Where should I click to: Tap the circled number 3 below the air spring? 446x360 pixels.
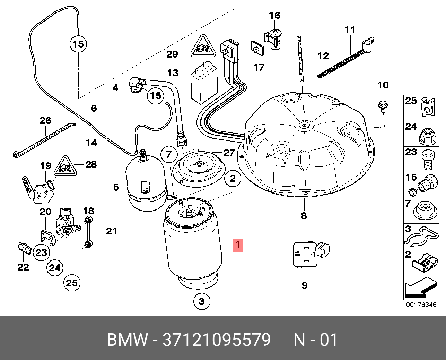pyautogui.click(x=202, y=301)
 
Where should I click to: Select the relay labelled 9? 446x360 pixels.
pyautogui.click(x=304, y=255)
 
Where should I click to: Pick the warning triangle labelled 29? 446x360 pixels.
pyautogui.click(x=202, y=48)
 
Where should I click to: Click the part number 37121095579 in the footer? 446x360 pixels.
pyautogui.click(x=217, y=340)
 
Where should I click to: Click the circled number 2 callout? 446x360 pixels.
pyautogui.click(x=233, y=178)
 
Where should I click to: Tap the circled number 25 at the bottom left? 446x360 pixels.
pyautogui.click(x=72, y=283)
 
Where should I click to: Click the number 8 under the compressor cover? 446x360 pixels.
pyautogui.click(x=304, y=216)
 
